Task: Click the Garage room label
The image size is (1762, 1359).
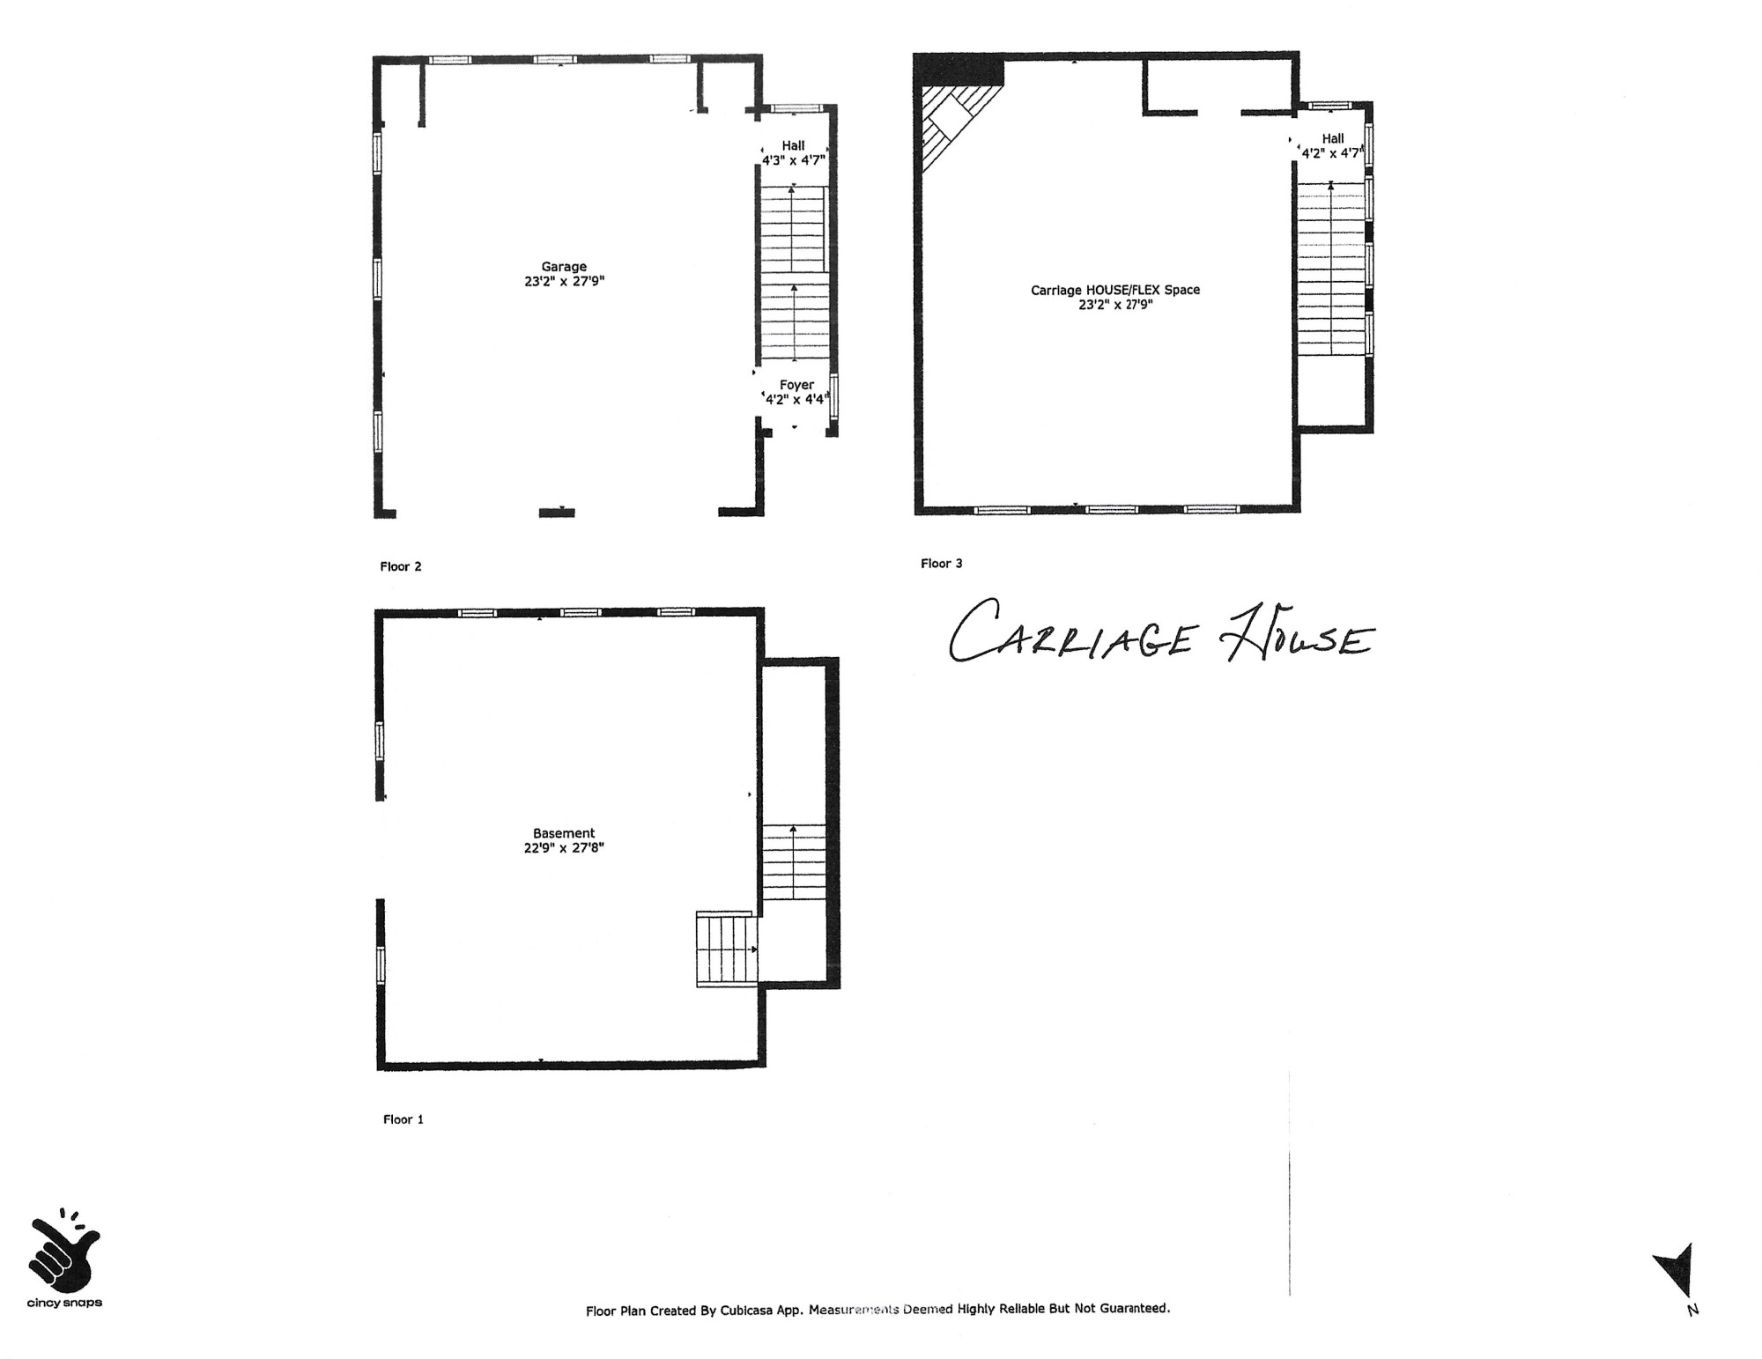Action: pyautogui.click(x=564, y=267)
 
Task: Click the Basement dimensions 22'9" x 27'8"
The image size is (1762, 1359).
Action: pyautogui.click(x=564, y=848)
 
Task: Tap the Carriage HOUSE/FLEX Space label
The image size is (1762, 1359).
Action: pyautogui.click(x=1114, y=290)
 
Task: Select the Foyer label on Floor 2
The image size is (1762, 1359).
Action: pyautogui.click(x=796, y=385)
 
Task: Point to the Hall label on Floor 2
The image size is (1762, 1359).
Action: pyautogui.click(x=793, y=146)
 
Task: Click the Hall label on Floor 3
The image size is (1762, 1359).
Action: pyautogui.click(x=1332, y=138)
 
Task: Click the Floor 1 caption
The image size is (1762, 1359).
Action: pyautogui.click(x=403, y=1119)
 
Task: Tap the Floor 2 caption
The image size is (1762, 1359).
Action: pyautogui.click(x=401, y=566)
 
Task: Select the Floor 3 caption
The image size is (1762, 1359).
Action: pyautogui.click(x=941, y=564)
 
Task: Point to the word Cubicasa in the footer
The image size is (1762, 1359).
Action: pyautogui.click(x=748, y=1311)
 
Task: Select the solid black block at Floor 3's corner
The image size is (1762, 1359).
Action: pyautogui.click(x=959, y=70)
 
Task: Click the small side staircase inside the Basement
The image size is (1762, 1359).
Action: pyautogui.click(x=726, y=949)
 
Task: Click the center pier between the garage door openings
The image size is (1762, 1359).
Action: pyautogui.click(x=556, y=512)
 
